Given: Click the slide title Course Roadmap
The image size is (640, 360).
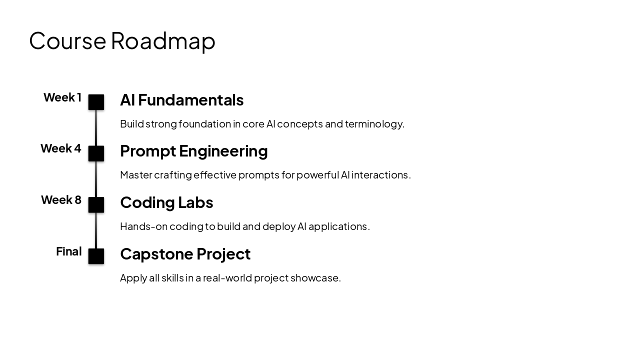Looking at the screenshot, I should [x=122, y=40].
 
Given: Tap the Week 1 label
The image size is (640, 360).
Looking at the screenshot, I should [x=62, y=97].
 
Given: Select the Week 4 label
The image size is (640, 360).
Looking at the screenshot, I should [x=61, y=148].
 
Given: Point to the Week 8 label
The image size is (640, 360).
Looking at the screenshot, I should [x=61, y=200].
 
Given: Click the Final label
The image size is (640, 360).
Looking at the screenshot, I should [x=69, y=251].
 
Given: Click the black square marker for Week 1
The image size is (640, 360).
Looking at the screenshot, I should [x=96, y=102].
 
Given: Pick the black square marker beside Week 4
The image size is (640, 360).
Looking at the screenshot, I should [x=96, y=153].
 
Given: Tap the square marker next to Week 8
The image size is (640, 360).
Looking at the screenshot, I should [x=96, y=205].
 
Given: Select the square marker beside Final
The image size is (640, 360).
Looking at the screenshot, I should [x=96, y=256].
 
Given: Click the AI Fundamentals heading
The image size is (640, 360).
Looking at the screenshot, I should [x=181, y=100].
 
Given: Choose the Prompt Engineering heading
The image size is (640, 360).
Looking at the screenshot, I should [x=193, y=151].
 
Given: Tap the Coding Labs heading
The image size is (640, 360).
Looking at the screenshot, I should [x=166, y=202].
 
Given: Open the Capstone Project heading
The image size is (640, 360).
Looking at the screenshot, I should [x=185, y=254].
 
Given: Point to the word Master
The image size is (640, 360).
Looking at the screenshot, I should [x=136, y=175].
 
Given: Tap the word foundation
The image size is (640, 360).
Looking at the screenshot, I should [x=204, y=124].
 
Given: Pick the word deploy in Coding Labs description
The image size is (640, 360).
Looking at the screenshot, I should [x=278, y=226].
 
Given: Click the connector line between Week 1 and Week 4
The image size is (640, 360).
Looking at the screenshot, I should [x=96, y=128].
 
